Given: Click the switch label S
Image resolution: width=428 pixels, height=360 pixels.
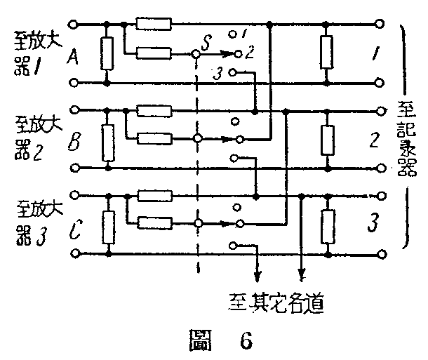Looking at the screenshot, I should click(x=206, y=44).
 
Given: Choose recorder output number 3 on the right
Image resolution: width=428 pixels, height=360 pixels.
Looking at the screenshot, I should click(x=374, y=225).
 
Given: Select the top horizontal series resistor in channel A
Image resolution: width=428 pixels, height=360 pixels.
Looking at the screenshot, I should click(x=154, y=25).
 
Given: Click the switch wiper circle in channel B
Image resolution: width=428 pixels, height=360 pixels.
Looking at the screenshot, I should click(x=199, y=139).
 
